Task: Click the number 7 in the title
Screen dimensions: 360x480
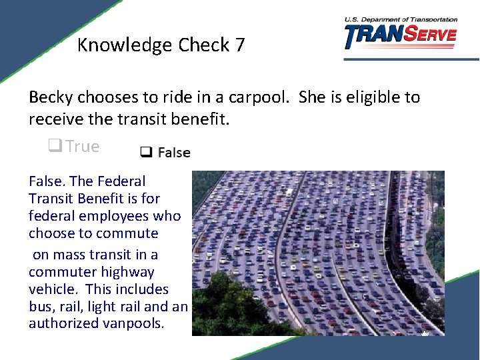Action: pyautogui.click(x=239, y=45)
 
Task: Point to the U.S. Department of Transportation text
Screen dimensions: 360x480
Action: pyautogui.click(x=401, y=19)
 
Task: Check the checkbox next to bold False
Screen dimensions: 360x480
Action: pyautogui.click(x=145, y=153)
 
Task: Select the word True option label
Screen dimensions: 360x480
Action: pyautogui.click(x=83, y=147)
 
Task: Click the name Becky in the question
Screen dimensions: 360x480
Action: pyautogui.click(x=51, y=97)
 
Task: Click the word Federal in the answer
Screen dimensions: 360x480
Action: pyautogui.click(x=121, y=181)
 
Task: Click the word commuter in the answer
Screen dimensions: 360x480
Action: pyautogui.click(x=63, y=272)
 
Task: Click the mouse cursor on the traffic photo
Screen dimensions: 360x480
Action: pyautogui.click(x=425, y=330)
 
